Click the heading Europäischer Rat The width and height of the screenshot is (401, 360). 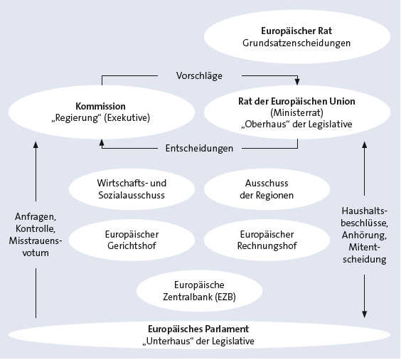(296, 31)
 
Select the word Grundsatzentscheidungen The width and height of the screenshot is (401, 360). (296, 43)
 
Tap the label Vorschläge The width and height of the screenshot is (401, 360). (199, 75)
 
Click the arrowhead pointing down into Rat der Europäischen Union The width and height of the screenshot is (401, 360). (297, 82)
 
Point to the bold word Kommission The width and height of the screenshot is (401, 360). (100, 106)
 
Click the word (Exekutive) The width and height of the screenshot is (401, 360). (127, 118)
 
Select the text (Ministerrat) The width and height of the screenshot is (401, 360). (296, 112)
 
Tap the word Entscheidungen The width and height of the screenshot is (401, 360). (199, 149)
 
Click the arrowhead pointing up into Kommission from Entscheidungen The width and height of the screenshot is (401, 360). (102, 143)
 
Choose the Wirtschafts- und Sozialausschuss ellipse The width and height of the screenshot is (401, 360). (132, 189)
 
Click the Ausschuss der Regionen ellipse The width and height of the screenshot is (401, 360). (267, 189)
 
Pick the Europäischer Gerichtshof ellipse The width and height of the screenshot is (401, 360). (132, 240)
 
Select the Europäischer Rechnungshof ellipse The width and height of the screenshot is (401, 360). (267, 240)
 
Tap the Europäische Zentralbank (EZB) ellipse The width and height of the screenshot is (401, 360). (199, 291)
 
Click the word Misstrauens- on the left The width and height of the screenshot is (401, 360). (36, 240)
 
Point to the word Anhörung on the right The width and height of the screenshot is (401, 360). (364, 235)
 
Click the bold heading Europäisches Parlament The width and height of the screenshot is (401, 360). (198, 329)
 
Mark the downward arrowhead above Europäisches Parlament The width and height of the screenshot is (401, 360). (365, 314)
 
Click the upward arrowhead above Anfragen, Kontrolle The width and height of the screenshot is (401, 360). (36, 145)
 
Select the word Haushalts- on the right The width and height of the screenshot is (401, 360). (365, 211)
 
